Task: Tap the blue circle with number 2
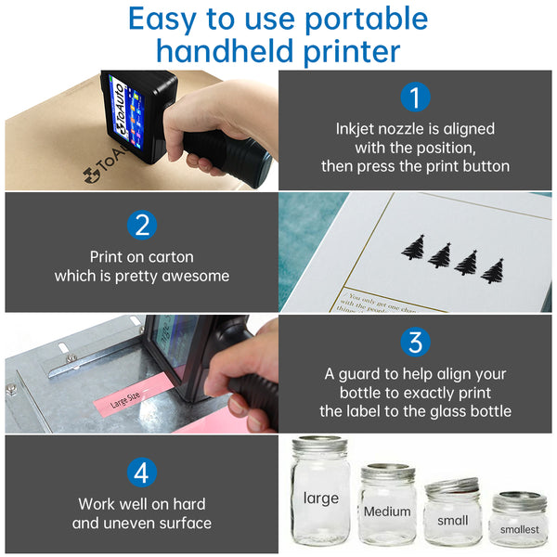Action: [x=141, y=224]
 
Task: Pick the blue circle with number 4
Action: [x=141, y=472]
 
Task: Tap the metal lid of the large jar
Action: [x=319, y=445]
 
